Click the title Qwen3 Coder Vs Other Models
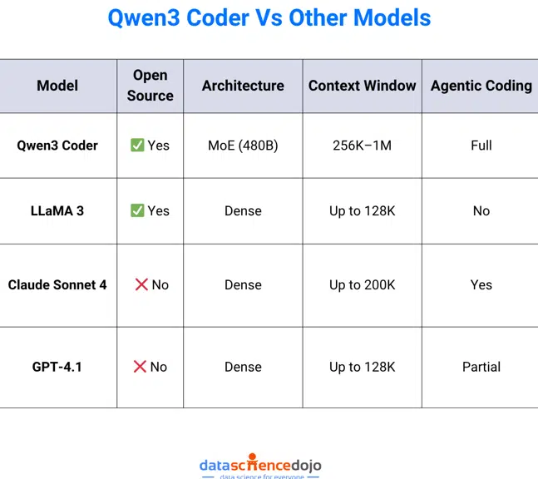click(269, 17)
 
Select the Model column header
click(57, 86)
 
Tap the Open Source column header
click(151, 86)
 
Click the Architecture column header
click(243, 86)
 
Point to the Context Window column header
click(362, 86)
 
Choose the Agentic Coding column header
click(481, 86)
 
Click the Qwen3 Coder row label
click(57, 146)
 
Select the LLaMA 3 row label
click(57, 211)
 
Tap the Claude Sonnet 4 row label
click(57, 284)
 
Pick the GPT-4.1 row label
click(57, 367)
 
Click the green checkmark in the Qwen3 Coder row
click(137, 146)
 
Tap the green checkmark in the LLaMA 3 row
click(137, 211)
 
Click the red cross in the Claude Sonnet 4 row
click(141, 284)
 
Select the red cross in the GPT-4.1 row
click(141, 367)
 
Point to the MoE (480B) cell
click(243, 146)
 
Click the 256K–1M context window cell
click(362, 146)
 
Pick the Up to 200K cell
click(362, 284)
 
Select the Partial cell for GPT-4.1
click(481, 367)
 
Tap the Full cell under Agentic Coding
click(481, 146)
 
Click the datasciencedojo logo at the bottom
click(260, 467)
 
